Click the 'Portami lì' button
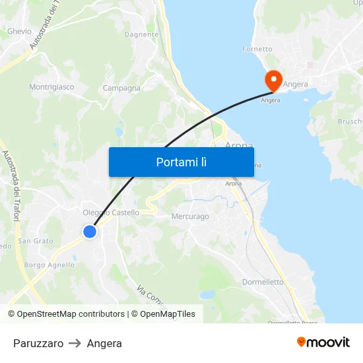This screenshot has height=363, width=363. tap(181, 162)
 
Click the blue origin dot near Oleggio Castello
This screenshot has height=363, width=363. tap(90, 232)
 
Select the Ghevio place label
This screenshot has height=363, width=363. tap(19, 31)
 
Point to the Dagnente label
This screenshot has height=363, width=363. tap(141, 34)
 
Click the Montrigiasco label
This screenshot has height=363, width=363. tap(51, 86)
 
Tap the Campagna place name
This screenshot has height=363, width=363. tap(121, 88)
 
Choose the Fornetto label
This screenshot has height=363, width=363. tap(257, 49)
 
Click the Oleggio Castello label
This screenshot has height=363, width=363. tap(111, 213)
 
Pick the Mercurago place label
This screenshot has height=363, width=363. tap(190, 216)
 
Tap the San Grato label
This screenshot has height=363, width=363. tap(36, 241)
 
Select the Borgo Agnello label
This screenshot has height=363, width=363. tap(49, 265)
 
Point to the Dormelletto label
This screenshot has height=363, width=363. tap(263, 282)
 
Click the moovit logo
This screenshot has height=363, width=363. tap(323, 343)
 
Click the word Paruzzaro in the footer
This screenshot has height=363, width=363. tap(38, 343)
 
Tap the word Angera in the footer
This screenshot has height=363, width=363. tap(104, 343)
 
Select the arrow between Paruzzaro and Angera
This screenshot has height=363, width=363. tap(75, 343)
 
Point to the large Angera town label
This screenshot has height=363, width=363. tap(295, 84)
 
